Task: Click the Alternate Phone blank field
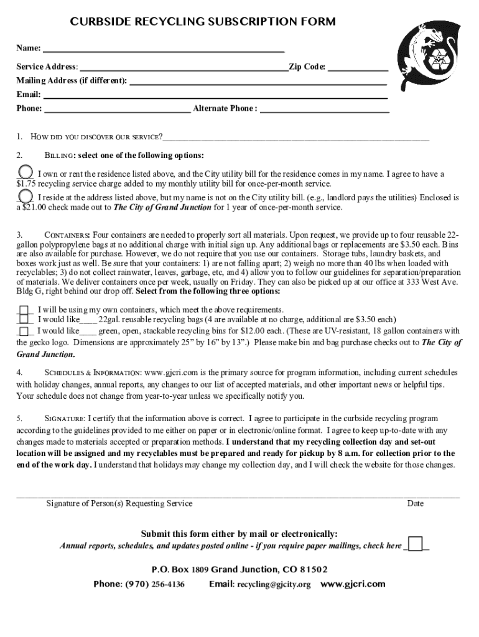(324, 110)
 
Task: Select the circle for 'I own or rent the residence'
(25, 171)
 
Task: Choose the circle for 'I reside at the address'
(25, 195)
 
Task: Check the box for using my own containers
(24, 310)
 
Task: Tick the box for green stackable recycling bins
(24, 331)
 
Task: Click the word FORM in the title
(317, 22)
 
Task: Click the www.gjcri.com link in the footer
(353, 584)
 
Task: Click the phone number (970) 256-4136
(155, 585)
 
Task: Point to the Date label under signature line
(415, 503)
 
